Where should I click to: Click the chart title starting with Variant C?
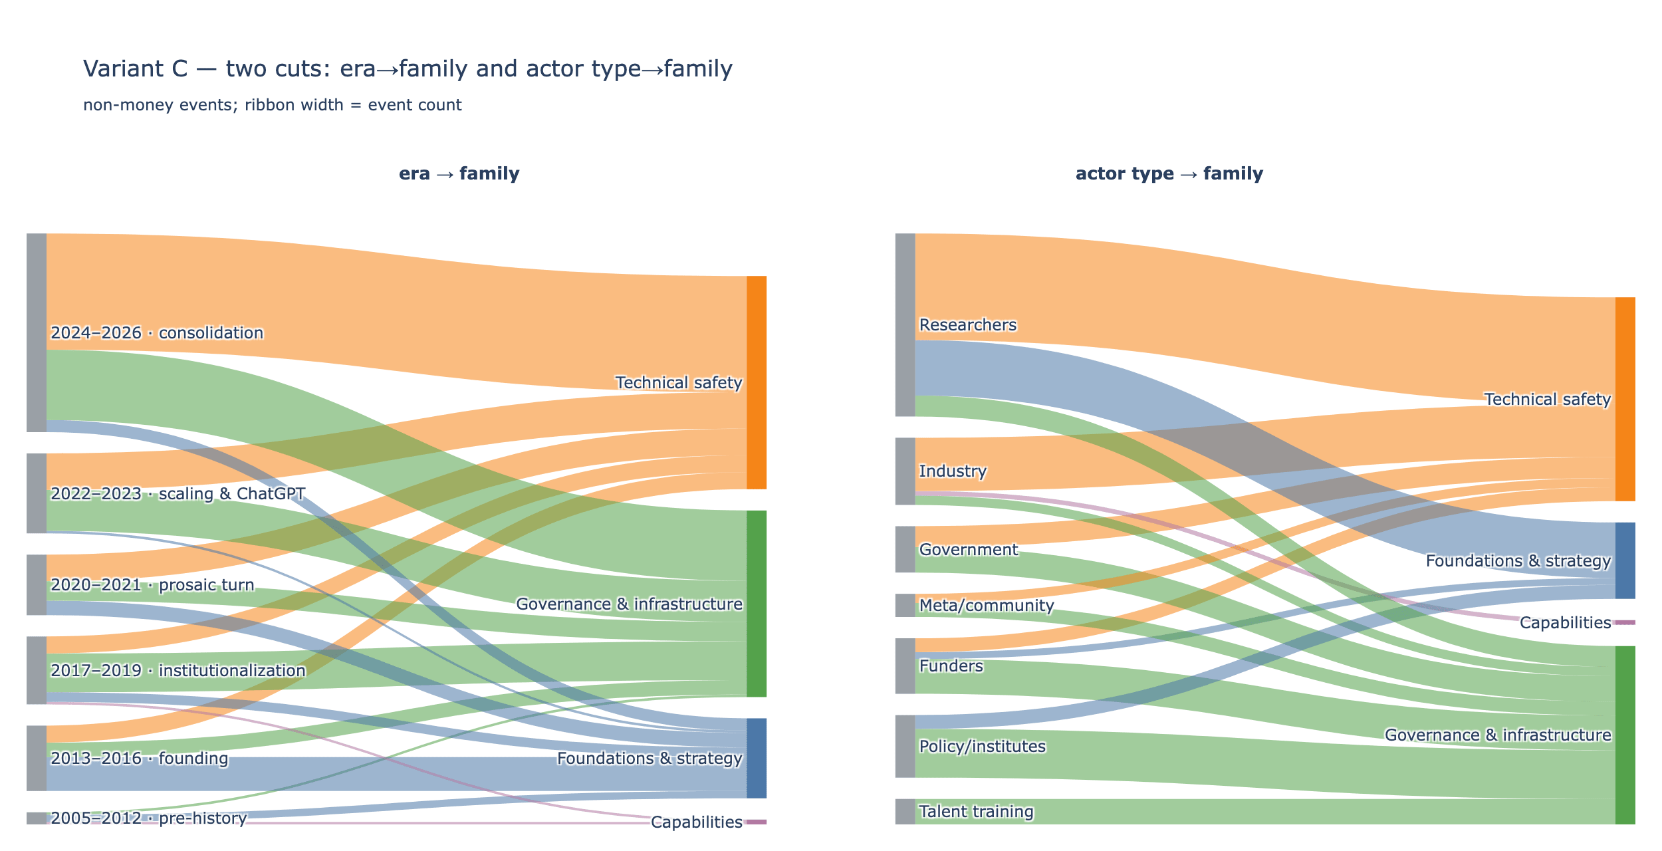(x=408, y=68)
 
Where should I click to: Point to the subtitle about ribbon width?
(x=273, y=105)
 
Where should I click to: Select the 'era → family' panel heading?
(x=459, y=174)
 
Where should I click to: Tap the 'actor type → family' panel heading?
(x=1169, y=174)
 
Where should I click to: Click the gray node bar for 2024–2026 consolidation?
(x=37, y=332)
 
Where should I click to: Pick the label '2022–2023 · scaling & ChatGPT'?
(x=178, y=493)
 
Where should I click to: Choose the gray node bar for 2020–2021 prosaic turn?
(x=37, y=584)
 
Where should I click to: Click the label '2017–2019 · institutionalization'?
(x=178, y=670)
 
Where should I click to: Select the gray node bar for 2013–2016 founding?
(x=37, y=758)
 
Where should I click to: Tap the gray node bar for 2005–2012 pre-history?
(x=37, y=818)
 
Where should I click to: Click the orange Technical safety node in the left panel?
(x=757, y=382)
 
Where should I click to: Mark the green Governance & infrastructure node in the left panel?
(x=757, y=604)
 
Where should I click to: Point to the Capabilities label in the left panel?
(x=696, y=822)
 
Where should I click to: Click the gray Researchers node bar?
(x=905, y=324)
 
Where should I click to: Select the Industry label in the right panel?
(x=953, y=471)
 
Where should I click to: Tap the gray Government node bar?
(x=905, y=549)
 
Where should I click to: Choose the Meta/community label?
(x=987, y=605)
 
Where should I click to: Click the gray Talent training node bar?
(x=905, y=811)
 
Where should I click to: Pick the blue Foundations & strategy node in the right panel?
(x=1625, y=560)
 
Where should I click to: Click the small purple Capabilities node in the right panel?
(x=1625, y=622)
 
